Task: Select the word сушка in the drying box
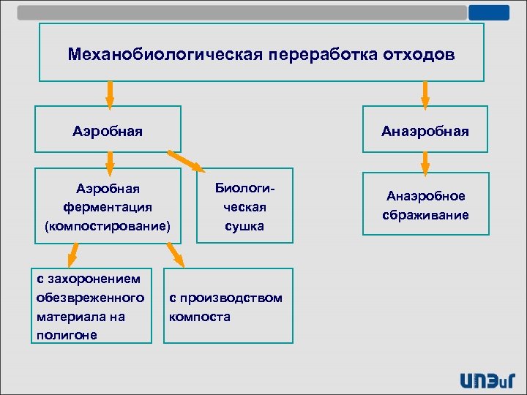point(244,227)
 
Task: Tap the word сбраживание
point(425,215)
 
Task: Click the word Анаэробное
point(425,196)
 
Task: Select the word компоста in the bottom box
point(199,317)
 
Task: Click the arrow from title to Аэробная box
point(110,93)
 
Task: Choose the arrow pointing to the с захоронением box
point(72,254)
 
